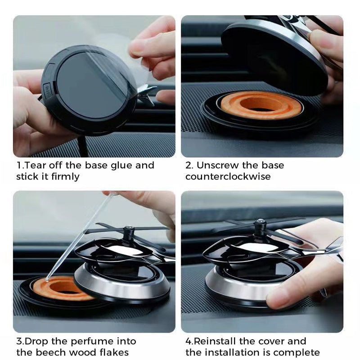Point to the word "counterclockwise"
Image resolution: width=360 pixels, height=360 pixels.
tap(228, 176)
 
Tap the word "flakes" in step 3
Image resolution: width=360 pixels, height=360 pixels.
tap(114, 352)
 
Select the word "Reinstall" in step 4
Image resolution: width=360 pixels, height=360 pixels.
tap(215, 341)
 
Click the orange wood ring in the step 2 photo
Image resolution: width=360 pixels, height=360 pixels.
tap(261, 105)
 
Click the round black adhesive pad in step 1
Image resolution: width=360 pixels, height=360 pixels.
tap(92, 85)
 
